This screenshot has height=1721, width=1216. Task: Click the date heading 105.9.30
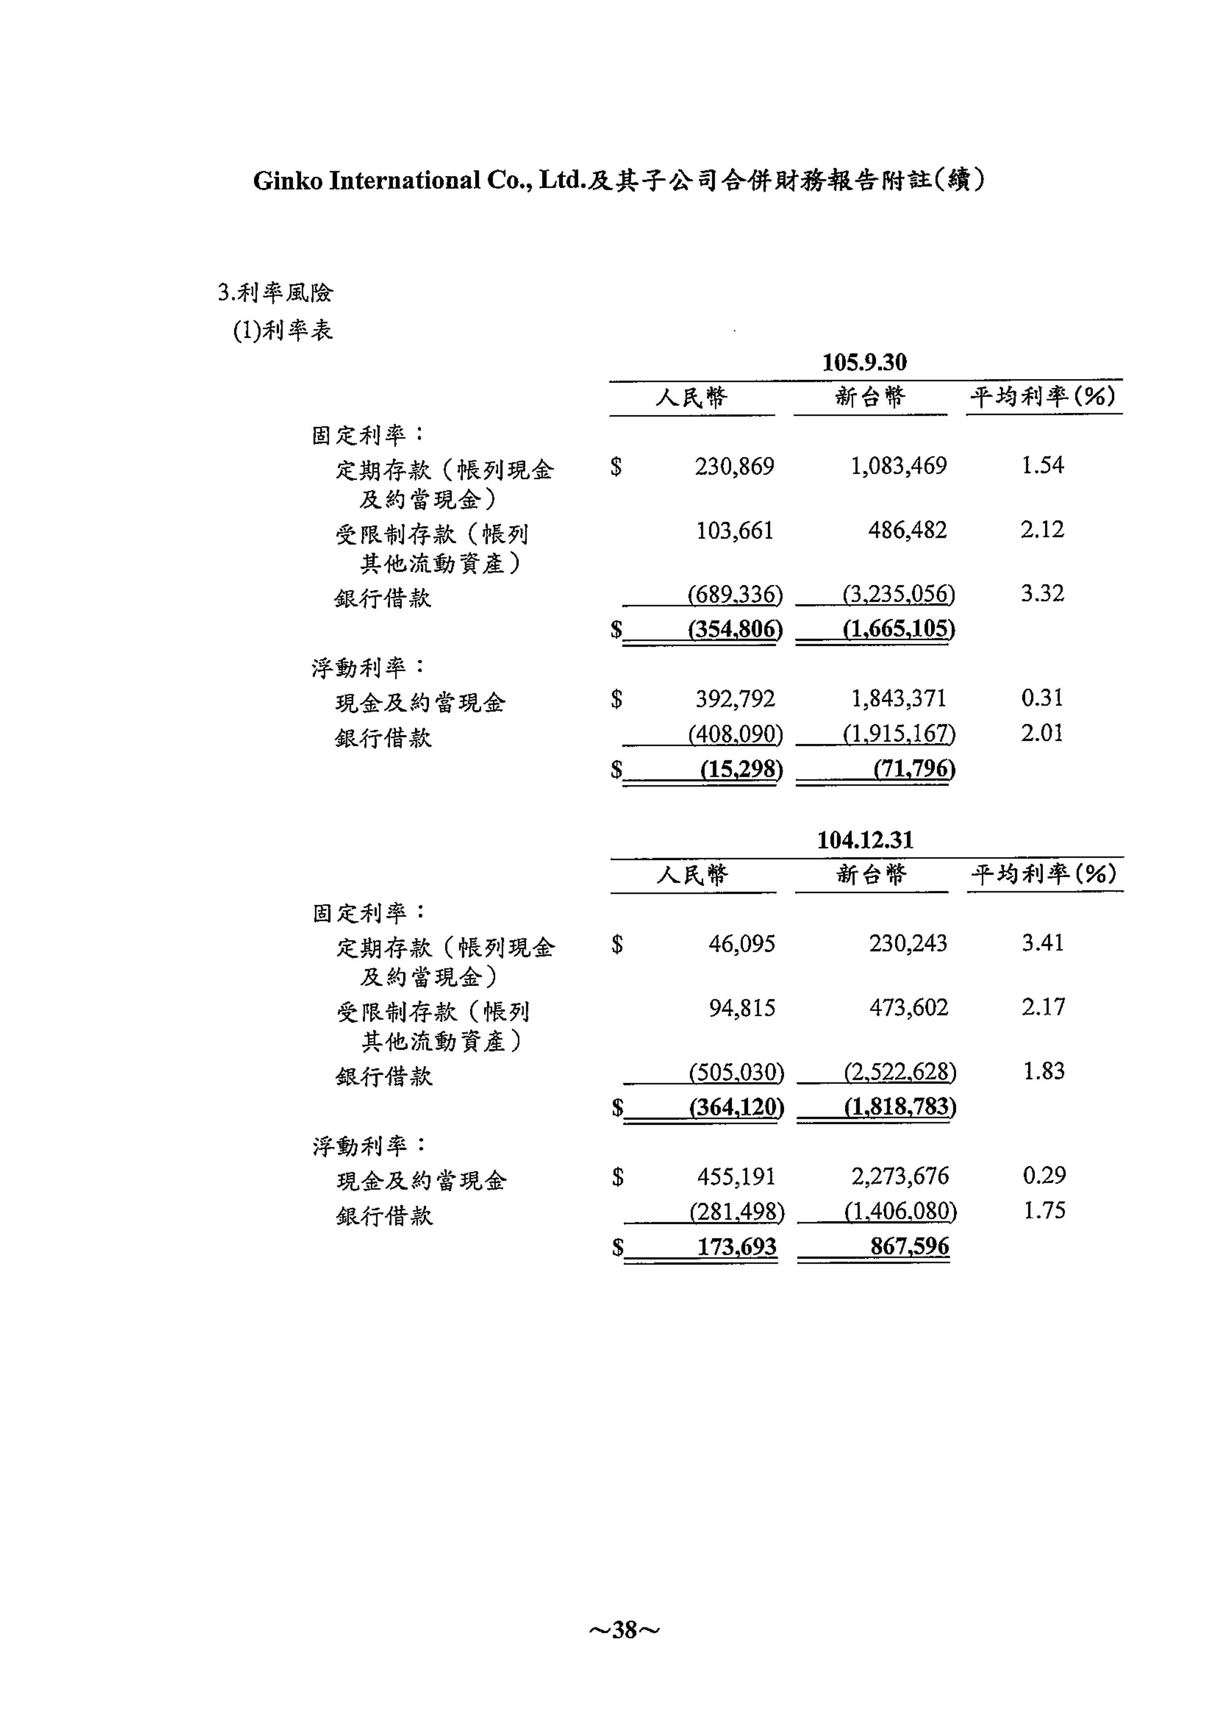coord(864,363)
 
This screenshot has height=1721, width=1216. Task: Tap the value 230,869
coord(734,466)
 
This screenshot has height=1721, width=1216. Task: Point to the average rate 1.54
coord(1042,465)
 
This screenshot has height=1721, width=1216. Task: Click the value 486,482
coord(907,531)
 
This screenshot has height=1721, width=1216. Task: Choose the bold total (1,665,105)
coord(898,628)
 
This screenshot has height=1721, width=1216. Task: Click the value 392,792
coord(735,699)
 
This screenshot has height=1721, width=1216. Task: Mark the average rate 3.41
coord(1043,943)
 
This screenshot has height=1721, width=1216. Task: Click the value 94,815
coord(742,1008)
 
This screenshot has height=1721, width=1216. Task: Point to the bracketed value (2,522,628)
coord(900,1073)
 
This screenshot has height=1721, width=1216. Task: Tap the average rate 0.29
coord(1043,1175)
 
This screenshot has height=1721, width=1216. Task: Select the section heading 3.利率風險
coord(275,292)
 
